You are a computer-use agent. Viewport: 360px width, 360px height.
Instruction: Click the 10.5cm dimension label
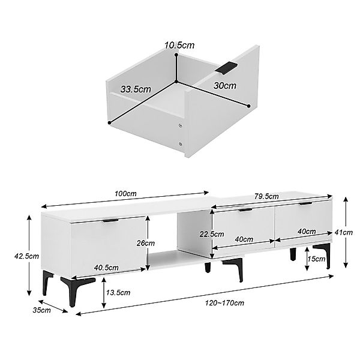pos(179,45)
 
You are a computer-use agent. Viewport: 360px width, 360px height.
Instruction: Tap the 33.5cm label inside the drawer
pos(136,89)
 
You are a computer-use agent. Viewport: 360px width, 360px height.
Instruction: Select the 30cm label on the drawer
pos(225,86)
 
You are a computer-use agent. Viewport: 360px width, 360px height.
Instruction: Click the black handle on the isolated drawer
pos(226,68)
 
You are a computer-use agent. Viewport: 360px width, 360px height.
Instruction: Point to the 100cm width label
pos(125,194)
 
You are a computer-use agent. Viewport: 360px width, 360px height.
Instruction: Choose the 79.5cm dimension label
pos(266,197)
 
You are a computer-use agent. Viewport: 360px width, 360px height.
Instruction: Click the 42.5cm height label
pos(26,256)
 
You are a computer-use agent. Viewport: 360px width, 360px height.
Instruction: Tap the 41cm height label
pos(343,233)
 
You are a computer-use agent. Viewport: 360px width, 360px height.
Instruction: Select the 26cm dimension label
pos(146,243)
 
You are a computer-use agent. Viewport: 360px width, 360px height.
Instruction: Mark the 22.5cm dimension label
pos(212,234)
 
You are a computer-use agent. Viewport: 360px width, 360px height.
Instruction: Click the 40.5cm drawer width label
pos(106,268)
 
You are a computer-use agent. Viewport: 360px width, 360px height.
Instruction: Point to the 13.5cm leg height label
pos(118,293)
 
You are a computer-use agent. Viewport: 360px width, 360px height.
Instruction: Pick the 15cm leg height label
pos(316,259)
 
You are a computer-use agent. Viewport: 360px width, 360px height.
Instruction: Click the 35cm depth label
pos(42,310)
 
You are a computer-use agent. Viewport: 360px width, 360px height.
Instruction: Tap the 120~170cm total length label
pos(224,303)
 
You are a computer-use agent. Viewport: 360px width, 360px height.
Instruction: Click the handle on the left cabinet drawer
pos(110,221)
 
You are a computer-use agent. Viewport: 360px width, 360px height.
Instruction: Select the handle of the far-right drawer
pos(305,203)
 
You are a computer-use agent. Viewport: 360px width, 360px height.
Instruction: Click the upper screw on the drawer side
pos(181,125)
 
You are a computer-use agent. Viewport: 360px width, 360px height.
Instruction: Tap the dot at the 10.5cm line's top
pos(176,55)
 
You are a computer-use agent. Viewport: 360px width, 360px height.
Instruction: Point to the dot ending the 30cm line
pos(248,106)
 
